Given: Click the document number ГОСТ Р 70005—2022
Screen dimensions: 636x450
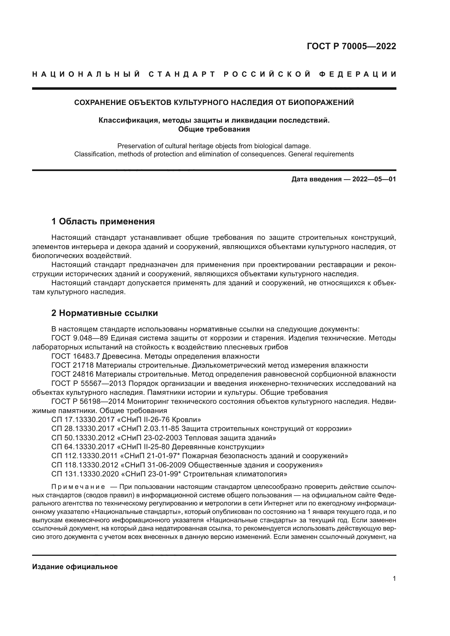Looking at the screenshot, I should [x=351, y=46].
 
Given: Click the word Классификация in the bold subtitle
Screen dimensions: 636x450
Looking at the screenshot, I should [x=129, y=120].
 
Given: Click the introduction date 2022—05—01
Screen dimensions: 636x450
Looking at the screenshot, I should [x=374, y=179].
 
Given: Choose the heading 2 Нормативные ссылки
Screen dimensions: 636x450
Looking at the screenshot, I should [x=104, y=313].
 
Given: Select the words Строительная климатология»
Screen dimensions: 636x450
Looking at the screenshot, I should [x=235, y=474].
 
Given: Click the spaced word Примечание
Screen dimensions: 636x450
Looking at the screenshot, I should [x=78, y=487].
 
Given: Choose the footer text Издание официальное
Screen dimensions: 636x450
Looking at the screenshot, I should [x=75, y=567].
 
